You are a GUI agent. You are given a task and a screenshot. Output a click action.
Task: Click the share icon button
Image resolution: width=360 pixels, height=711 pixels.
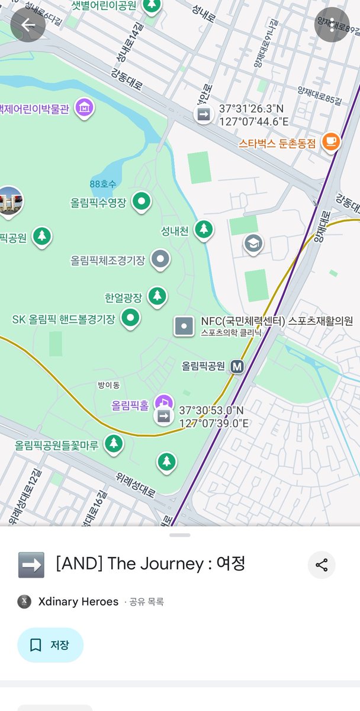pos(322,565)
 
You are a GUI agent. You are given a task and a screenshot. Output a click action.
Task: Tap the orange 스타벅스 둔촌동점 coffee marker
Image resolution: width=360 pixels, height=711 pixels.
pos(330,142)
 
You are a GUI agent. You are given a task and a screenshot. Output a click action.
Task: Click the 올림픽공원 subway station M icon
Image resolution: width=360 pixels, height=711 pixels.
pos(237,366)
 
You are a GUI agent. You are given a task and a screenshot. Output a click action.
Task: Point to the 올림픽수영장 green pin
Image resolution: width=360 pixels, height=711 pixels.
pos(141,202)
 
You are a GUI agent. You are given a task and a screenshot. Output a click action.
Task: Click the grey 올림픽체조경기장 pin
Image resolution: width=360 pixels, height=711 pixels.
pos(160,259)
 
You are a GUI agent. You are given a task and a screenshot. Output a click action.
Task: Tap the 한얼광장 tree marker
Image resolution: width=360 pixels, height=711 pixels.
pos(157,296)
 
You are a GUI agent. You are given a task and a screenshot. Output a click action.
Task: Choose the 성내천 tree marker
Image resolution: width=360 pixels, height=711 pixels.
pos(204,229)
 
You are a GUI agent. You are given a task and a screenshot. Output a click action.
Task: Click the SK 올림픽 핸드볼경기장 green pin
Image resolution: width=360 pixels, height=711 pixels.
pos(130,318)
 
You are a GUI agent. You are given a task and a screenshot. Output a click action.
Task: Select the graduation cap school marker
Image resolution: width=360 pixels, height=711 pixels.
pos(253,243)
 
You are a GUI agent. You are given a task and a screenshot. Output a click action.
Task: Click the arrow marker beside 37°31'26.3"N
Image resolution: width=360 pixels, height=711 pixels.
pos(204,114)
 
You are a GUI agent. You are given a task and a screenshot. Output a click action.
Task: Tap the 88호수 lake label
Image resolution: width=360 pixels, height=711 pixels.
pos(103,184)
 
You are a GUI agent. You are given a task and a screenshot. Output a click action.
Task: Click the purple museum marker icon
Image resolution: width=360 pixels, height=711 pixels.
pos(85,108)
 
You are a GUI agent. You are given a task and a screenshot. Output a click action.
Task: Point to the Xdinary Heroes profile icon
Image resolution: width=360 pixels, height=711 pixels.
pos(25,601)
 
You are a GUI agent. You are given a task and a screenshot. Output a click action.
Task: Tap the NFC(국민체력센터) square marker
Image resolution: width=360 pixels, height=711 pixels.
pos(184,326)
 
